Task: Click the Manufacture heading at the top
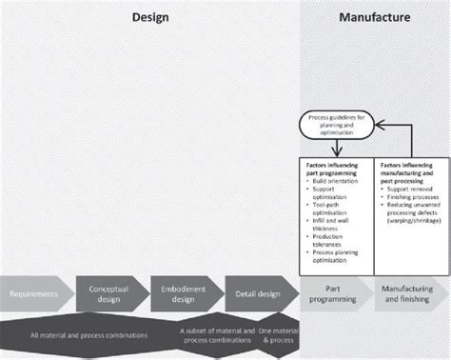point(375,17)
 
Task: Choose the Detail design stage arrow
point(259,292)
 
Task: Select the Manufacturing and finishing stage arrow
point(409,292)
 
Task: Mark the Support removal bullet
point(410,190)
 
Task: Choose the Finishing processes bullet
point(413,197)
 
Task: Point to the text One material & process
point(279,334)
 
